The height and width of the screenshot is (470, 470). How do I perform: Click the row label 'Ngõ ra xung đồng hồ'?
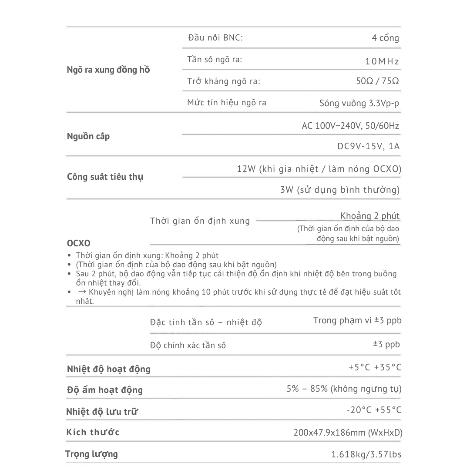(x=108, y=70)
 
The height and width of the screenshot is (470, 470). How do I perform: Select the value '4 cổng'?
(x=385, y=38)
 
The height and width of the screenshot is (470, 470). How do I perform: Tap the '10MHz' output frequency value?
(x=382, y=61)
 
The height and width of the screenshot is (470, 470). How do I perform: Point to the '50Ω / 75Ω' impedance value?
(x=377, y=81)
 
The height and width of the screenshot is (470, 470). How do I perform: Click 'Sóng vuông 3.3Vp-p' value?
(x=359, y=103)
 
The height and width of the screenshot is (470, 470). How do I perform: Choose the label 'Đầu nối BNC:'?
(x=215, y=37)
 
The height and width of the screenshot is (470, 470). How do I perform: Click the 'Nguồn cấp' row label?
(x=88, y=136)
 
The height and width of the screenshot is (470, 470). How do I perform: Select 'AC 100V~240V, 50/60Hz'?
(x=350, y=126)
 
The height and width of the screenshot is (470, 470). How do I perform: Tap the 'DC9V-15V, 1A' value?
(x=368, y=146)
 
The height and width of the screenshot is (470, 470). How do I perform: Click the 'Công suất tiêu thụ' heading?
(x=105, y=177)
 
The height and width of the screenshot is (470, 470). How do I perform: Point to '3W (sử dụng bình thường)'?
(x=340, y=190)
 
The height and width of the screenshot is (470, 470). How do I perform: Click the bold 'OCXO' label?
(x=79, y=243)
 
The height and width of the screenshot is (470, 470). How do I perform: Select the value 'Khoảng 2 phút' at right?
(x=370, y=216)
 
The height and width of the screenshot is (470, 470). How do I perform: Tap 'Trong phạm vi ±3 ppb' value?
(x=357, y=321)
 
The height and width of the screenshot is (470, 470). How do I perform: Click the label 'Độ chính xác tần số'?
(x=188, y=346)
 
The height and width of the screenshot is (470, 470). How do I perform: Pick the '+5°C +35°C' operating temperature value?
(x=375, y=367)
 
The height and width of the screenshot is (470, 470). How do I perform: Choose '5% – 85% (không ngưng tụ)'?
(x=344, y=389)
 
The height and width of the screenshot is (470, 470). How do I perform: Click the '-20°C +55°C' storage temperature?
(x=374, y=410)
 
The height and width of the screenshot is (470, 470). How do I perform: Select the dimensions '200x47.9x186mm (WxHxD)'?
(x=348, y=433)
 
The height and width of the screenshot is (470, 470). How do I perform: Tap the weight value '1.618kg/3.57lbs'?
(x=366, y=455)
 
